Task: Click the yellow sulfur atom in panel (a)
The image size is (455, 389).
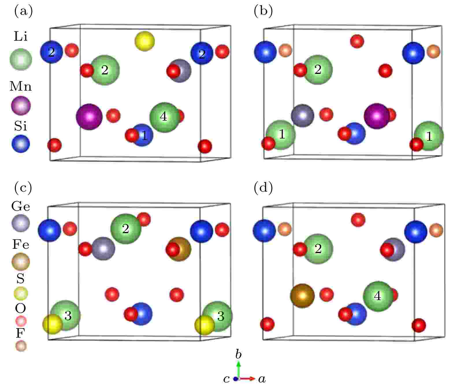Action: point(145,41)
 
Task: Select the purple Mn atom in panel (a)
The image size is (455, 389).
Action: point(89,117)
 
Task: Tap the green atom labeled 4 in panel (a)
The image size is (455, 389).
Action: point(165,117)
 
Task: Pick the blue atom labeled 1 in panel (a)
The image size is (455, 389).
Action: point(142,135)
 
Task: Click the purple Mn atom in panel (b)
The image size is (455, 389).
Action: point(377,116)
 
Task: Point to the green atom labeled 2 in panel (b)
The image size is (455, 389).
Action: point(318,70)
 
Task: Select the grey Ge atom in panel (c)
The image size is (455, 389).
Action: point(103,248)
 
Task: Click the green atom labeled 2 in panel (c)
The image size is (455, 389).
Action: point(126,229)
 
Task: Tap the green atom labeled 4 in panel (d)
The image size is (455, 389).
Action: point(378,296)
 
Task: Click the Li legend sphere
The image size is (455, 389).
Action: point(21,59)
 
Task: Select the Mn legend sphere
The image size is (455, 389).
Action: point(21,106)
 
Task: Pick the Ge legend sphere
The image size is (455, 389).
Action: point(21,223)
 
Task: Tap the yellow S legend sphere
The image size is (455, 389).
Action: point(21,293)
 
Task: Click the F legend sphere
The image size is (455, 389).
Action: point(21,346)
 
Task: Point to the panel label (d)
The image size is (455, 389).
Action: point(263,188)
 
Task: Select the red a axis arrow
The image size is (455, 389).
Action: point(247,378)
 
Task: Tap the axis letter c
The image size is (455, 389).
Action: point(226,379)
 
